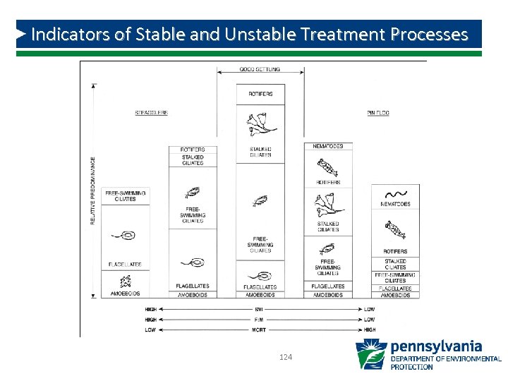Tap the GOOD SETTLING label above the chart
[x=260, y=69]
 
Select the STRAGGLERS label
[x=151, y=113]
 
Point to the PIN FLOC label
[x=378, y=113]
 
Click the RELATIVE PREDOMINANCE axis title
[x=92, y=190]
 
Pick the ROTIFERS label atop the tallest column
[x=260, y=94]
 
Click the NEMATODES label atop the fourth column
[x=328, y=146]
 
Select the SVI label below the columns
[x=260, y=310]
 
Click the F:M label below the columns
[x=260, y=320]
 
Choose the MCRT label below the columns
[x=260, y=329]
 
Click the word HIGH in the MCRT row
[x=369, y=329]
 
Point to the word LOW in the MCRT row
[x=150, y=329]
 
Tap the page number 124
[x=286, y=358]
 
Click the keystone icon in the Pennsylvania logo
[x=370, y=354]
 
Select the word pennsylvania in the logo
[x=436, y=346]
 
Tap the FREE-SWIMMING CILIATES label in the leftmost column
[x=124, y=195]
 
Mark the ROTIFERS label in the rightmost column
[x=395, y=251]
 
